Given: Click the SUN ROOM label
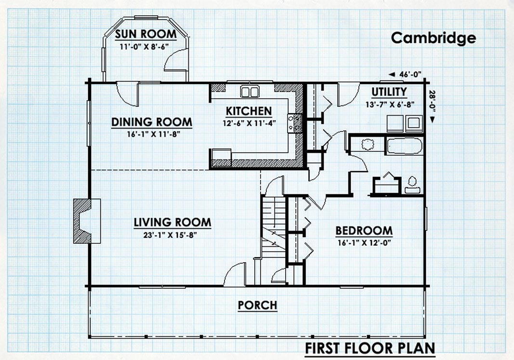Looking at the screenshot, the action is [x=146, y=34].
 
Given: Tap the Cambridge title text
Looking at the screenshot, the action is [x=434, y=38].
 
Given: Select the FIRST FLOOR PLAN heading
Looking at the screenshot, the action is [x=370, y=348].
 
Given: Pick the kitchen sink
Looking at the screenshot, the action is [x=250, y=92].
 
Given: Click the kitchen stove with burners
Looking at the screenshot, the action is [x=295, y=123].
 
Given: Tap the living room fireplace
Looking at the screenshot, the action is [x=87, y=221].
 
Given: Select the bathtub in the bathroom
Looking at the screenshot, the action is [x=404, y=146].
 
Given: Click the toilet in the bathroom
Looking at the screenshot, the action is [x=412, y=185].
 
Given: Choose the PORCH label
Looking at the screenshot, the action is [x=258, y=305].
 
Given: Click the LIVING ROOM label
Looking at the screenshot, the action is [x=172, y=222].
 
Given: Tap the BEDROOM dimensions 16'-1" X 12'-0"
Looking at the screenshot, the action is [x=364, y=243].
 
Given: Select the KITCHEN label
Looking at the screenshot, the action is [x=249, y=111].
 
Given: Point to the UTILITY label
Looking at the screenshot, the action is [x=389, y=92].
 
